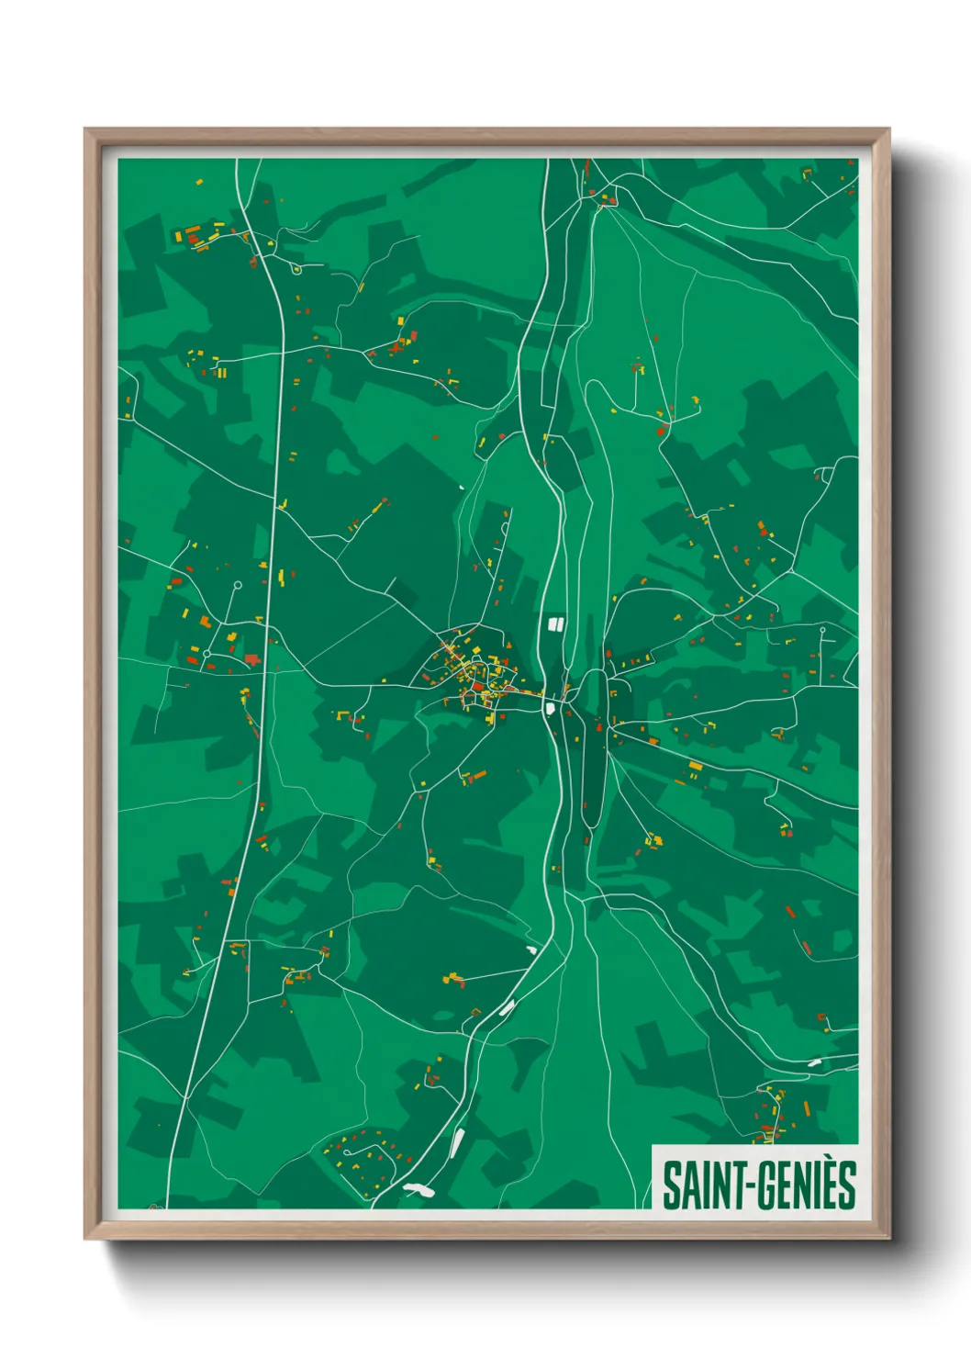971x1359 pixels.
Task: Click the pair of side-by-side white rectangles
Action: [554, 624]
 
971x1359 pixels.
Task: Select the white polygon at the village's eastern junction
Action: [550, 707]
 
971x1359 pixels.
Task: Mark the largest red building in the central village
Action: [477, 686]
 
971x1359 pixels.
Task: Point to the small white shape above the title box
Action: [814, 1062]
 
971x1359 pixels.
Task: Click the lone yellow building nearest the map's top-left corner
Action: [197, 182]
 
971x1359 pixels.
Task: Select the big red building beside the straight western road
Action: [251, 658]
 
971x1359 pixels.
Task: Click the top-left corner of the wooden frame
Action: [85, 129]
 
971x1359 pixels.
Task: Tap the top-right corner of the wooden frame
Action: [888, 129]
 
